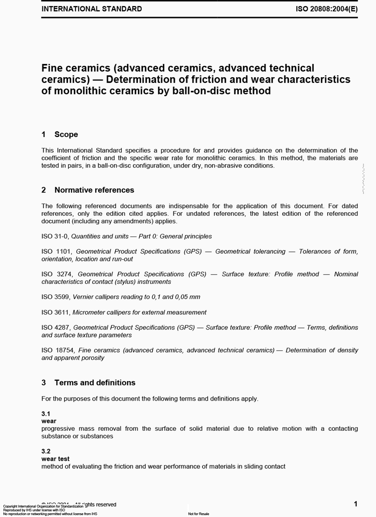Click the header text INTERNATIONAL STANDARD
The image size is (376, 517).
coord(91,9)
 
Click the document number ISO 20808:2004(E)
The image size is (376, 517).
coord(326,9)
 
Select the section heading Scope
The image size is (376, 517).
coord(66,134)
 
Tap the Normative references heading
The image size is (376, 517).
coord(94,190)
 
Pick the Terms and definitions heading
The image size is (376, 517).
coord(95,383)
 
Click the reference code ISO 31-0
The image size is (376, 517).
coord(55,236)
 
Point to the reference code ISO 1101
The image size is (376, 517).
coord(56,252)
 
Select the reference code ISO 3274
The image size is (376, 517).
coord(57,274)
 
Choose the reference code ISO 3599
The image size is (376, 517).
coord(55,297)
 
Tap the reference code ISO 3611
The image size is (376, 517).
coord(55,313)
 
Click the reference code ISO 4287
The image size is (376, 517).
coord(56,328)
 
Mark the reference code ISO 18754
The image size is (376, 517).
coord(58,350)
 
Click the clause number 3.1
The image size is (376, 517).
coord(46,413)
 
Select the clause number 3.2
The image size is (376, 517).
coord(46,451)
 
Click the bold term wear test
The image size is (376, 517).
coord(55,459)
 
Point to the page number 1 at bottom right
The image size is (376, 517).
coord(356,504)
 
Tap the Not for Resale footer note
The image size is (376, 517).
coord(199,514)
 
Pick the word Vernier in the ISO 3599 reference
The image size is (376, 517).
coord(83,297)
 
